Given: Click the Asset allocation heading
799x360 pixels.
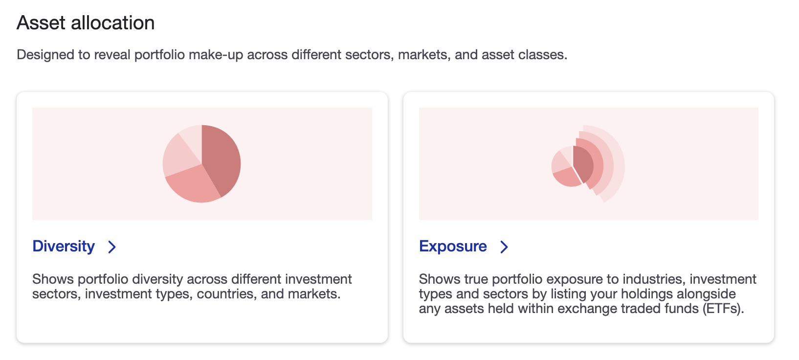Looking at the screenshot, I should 86,23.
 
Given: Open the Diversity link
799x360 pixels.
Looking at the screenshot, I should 64,246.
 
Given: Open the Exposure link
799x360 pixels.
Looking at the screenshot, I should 453,246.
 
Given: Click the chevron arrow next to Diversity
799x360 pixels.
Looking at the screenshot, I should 112,247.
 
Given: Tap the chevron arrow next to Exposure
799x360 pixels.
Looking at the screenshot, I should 504,247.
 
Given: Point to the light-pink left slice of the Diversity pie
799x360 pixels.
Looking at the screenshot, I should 177,157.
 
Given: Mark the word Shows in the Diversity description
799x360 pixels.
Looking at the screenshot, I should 53,279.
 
